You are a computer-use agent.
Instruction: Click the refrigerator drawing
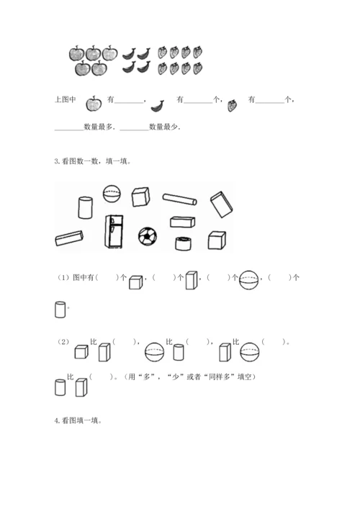[x=114, y=231]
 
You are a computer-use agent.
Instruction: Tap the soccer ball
[x=148, y=235]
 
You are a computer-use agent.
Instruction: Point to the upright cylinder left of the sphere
[x=86, y=207]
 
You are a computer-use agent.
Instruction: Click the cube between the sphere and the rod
[x=140, y=197]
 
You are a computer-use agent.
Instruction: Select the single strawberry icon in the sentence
[x=232, y=105]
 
